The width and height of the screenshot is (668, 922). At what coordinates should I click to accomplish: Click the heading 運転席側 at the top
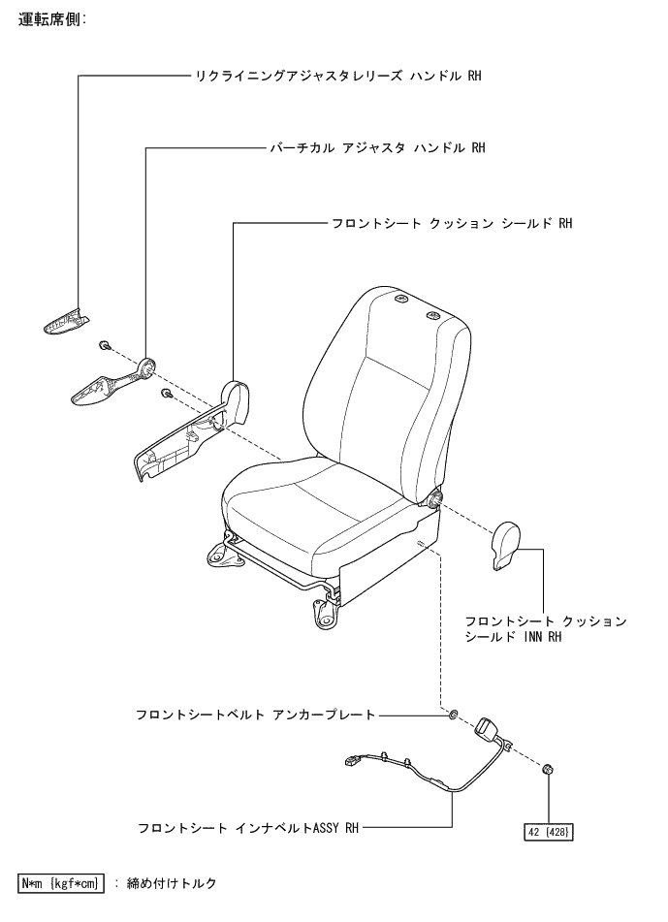tap(52, 18)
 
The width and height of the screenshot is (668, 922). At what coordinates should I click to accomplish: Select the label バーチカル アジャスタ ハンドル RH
tap(377, 148)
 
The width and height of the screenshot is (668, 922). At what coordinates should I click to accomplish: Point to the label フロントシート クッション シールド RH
tap(452, 223)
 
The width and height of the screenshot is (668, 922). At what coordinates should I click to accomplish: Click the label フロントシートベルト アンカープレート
tap(255, 715)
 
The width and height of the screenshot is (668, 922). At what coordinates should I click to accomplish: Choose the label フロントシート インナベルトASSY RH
tap(248, 829)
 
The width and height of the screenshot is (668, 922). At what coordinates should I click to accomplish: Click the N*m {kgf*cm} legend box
tap(61, 883)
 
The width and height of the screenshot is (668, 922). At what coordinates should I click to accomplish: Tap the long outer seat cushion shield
tap(189, 431)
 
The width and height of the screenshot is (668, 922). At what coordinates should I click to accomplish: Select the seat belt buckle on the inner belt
tap(488, 728)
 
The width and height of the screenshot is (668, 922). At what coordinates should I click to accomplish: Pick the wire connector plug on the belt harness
tap(350, 762)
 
